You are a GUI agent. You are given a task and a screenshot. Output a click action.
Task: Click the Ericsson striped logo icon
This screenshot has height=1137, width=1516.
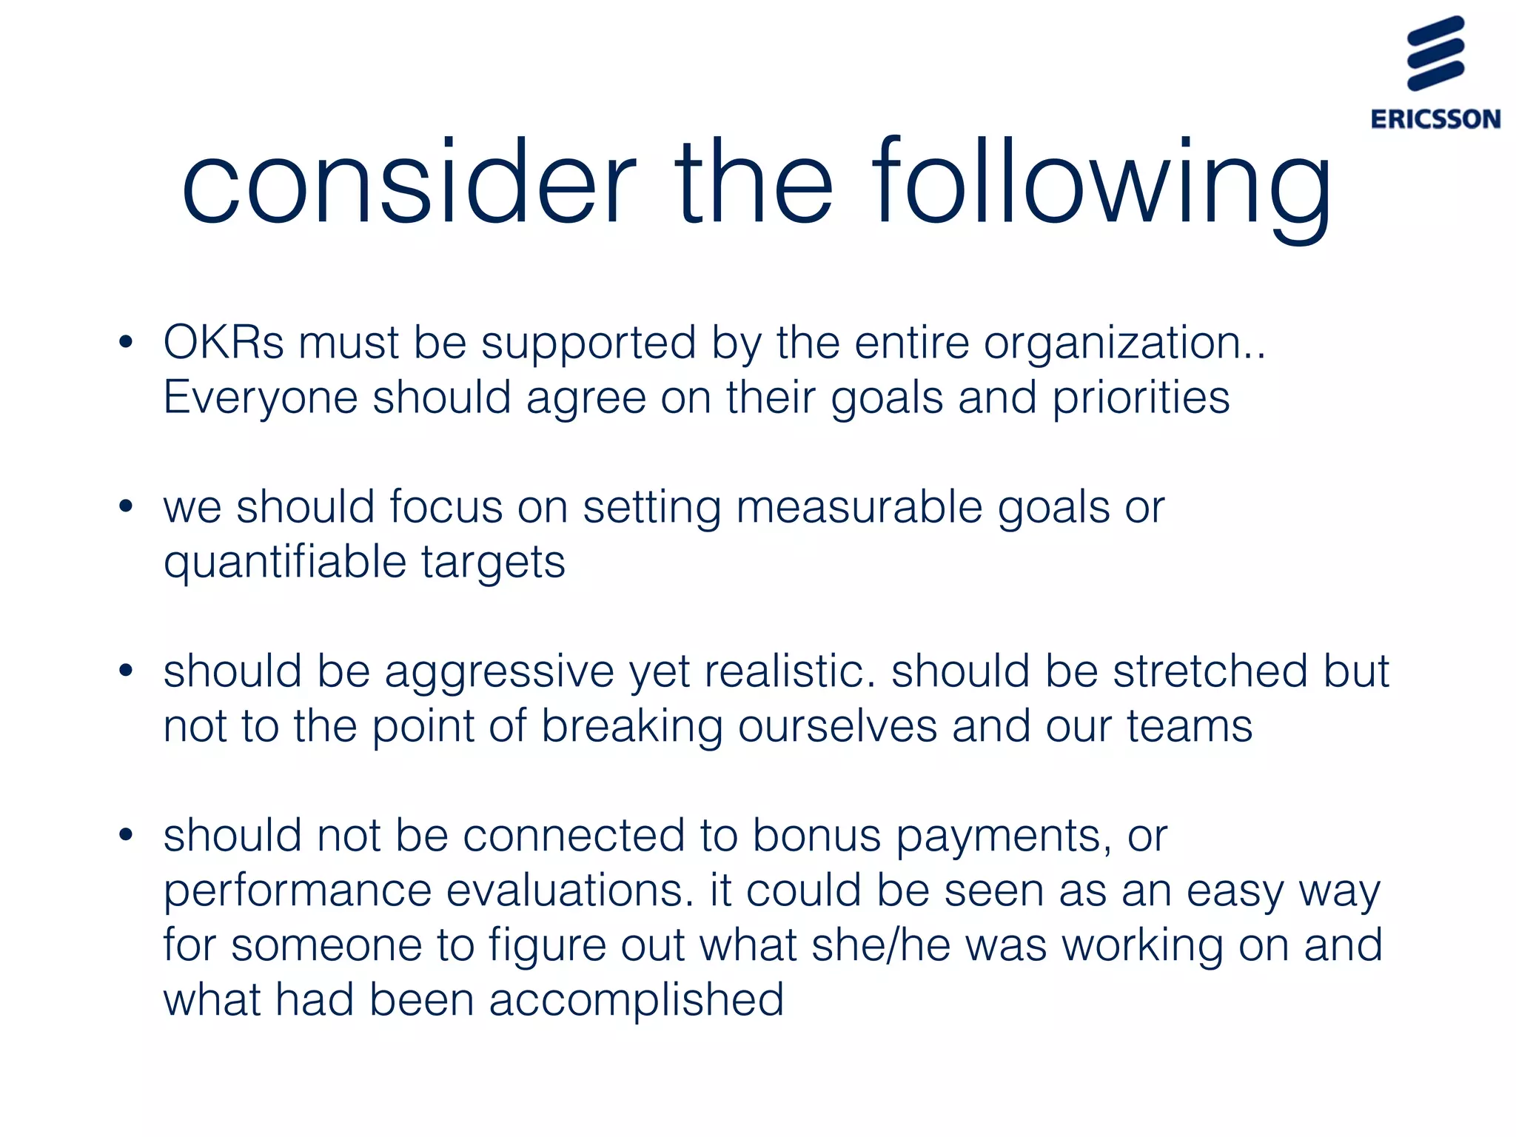tap(1435, 53)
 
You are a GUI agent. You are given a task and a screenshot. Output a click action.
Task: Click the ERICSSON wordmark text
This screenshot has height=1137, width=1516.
tap(1435, 119)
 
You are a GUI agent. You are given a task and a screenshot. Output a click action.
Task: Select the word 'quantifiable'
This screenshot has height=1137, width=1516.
tap(285, 563)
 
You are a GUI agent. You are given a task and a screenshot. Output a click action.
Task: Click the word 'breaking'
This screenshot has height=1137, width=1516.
tap(632, 727)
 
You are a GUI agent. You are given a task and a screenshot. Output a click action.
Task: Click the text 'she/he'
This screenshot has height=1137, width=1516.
tap(881, 945)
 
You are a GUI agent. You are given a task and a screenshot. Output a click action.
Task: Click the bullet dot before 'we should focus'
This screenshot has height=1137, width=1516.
tap(126, 507)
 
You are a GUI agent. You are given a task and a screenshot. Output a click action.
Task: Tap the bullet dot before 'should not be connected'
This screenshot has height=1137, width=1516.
tap(126, 836)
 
